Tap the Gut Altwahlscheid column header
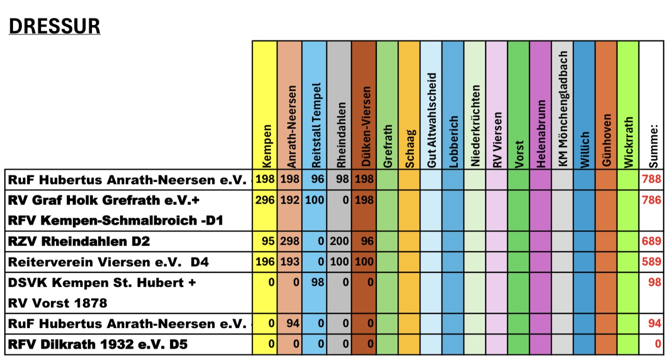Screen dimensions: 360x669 pyautogui.click(x=432, y=120)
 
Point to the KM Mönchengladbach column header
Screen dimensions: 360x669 pyautogui.click(x=563, y=110)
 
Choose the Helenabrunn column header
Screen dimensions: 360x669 pyautogui.click(x=541, y=134)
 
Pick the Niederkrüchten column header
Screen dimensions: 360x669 pyautogui.click(x=476, y=126)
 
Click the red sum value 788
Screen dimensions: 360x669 pyautogui.click(x=652, y=179)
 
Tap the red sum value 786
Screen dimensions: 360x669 pyautogui.click(x=652, y=200)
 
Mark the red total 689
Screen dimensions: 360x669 pyautogui.click(x=652, y=241)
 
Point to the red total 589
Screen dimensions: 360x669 pyautogui.click(x=652, y=262)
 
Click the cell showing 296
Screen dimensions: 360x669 pyautogui.click(x=264, y=200)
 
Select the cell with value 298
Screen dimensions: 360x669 pyautogui.click(x=290, y=241)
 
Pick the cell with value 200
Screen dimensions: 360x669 pyautogui.click(x=340, y=241)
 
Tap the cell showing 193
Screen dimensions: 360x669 pyautogui.click(x=290, y=262)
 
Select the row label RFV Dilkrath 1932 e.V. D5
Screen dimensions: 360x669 pyautogui.click(x=98, y=345)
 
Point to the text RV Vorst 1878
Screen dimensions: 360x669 pyautogui.click(x=57, y=303)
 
